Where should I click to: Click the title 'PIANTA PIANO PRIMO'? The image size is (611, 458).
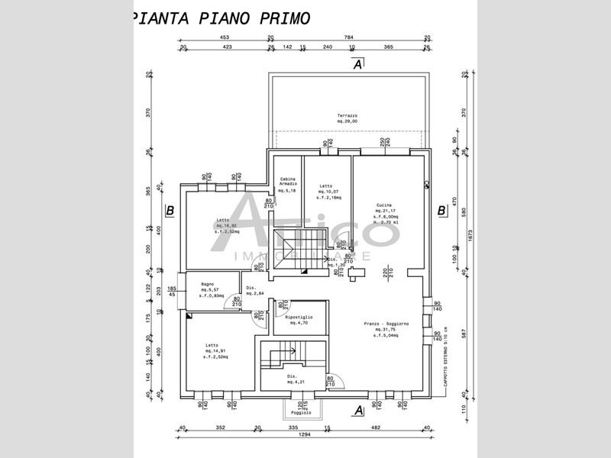(221, 18)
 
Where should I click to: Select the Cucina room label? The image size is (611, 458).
(384, 205)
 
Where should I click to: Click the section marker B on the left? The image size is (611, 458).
(170, 211)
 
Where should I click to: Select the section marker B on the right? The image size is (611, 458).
(441, 211)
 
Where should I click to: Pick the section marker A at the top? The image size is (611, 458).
(357, 65)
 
